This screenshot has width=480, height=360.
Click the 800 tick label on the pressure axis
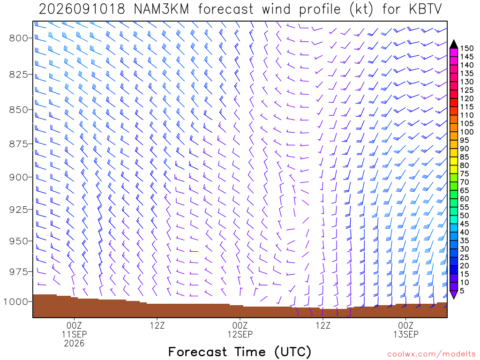click(18, 38)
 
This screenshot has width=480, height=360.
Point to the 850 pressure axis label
click(18, 110)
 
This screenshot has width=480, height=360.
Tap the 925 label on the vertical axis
click(18, 210)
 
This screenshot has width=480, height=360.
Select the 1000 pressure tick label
click(15, 302)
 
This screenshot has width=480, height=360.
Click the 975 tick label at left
click(18, 272)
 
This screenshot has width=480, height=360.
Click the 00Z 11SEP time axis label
click(75, 330)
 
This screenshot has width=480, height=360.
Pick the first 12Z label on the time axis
click(157, 325)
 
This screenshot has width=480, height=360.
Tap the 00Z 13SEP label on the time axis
click(406, 330)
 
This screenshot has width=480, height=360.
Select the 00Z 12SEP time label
click(240, 330)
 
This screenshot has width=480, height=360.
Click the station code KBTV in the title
click(425, 9)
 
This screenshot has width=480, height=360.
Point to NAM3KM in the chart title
click(161, 9)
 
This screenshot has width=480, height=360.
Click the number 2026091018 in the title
click(82, 9)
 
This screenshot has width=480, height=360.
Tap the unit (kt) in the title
click(361, 9)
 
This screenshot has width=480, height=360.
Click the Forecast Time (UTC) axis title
click(240, 352)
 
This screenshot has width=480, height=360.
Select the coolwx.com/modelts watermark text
click(431, 354)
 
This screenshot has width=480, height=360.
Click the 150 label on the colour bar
click(466, 48)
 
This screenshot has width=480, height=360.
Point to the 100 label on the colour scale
click(466, 132)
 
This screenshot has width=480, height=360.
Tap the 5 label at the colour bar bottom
click(462, 291)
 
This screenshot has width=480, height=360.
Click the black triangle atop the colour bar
click(454, 45)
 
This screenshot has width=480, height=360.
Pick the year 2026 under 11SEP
click(75, 344)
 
